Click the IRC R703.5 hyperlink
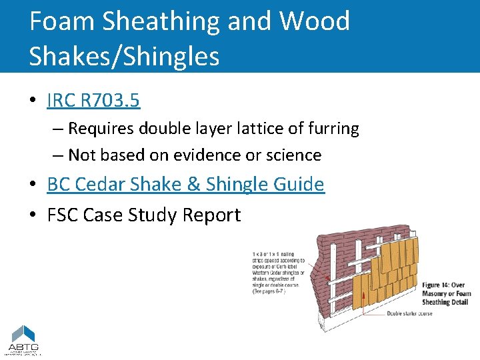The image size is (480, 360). tap(93, 101)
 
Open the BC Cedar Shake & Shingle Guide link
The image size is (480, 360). tap(185, 185)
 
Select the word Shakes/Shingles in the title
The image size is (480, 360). tap(124, 56)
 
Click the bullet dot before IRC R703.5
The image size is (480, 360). tap(32, 101)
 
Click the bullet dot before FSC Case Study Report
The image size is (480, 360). tap(32, 215)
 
